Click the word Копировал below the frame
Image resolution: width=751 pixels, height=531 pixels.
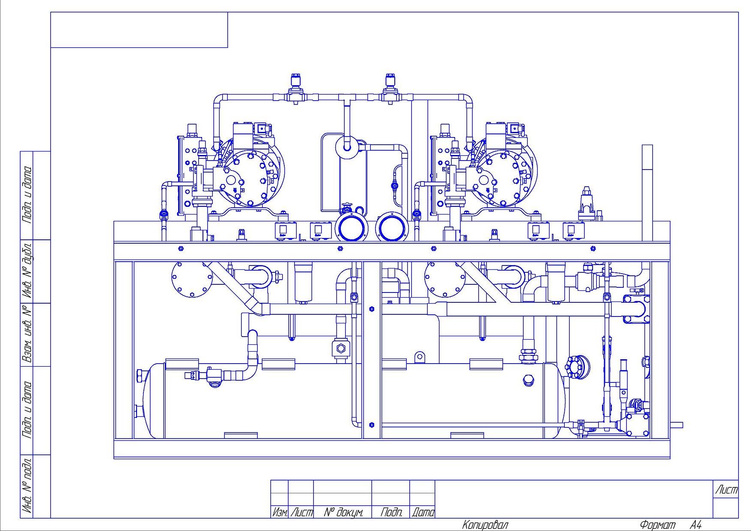point(485,525)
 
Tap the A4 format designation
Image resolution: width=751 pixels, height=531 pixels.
point(696,525)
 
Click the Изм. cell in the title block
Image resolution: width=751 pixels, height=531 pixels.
point(280,512)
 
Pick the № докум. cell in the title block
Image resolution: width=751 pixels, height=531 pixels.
point(343,512)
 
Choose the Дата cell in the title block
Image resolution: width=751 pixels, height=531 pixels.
point(423,512)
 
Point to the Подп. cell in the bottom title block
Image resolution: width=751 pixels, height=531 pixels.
point(391,512)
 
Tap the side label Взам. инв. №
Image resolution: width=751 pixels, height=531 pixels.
point(27,334)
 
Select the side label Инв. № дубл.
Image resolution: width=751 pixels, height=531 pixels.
point(27,271)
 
